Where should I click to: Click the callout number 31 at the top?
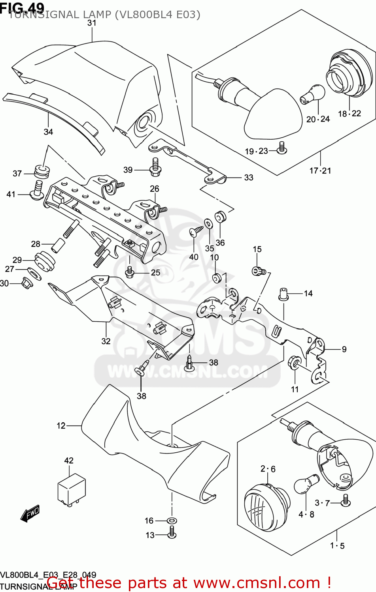point(92,23)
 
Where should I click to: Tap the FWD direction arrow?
point(30,514)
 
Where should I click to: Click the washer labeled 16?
point(172,521)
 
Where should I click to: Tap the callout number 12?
point(61,425)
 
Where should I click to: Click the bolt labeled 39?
point(155,167)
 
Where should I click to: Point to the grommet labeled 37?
point(42,171)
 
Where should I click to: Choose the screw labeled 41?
point(37,190)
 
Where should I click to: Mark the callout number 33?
point(248,178)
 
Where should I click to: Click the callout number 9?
point(344,349)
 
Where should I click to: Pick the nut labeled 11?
point(295,362)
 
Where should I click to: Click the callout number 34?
point(48,132)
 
